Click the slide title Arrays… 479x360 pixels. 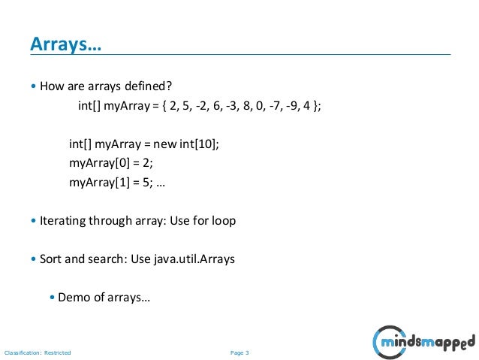[x=65, y=46]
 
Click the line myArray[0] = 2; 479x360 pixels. [x=110, y=162]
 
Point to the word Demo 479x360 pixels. [x=73, y=298]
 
